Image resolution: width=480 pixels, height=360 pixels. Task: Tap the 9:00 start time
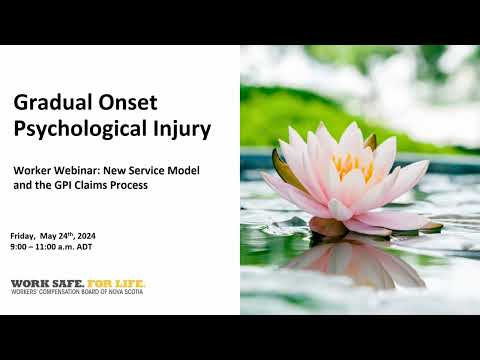coord(19,246)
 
